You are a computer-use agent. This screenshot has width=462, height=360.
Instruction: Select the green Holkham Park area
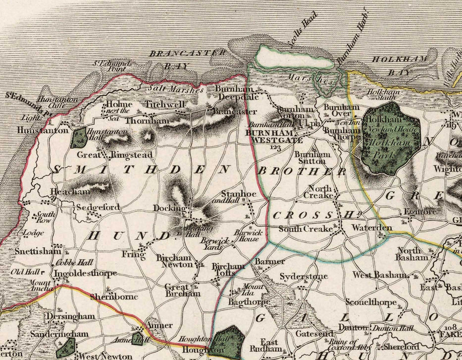point(391,138)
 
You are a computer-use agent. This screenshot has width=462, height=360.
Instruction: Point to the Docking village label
point(168,208)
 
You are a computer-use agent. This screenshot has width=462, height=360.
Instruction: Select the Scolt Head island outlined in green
point(294,57)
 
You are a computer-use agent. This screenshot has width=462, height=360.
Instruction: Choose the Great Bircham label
point(177,290)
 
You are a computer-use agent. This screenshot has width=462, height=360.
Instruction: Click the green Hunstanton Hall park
point(79,137)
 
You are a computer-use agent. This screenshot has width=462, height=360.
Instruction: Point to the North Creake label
point(321,191)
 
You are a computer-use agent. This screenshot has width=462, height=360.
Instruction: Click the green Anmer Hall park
point(138,339)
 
